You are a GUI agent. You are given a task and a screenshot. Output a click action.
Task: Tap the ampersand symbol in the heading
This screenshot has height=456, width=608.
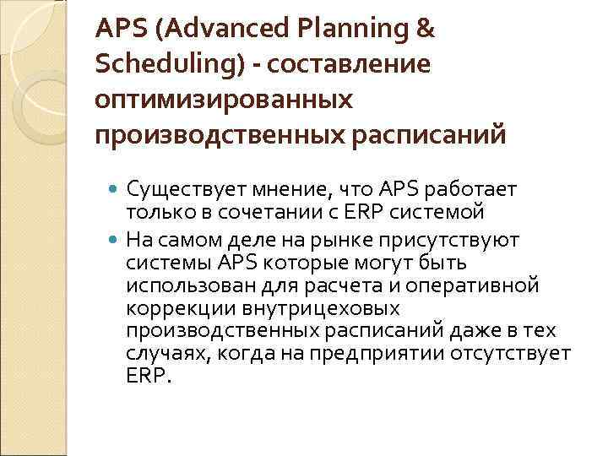(426, 30)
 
